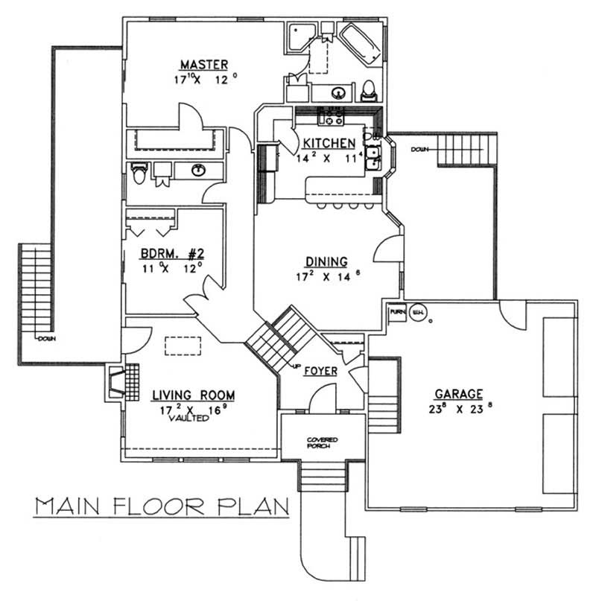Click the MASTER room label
(x=203, y=64)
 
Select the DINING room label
(x=326, y=261)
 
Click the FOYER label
(x=321, y=370)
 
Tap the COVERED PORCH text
(x=323, y=444)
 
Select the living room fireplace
(x=117, y=382)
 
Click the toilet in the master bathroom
(x=368, y=92)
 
